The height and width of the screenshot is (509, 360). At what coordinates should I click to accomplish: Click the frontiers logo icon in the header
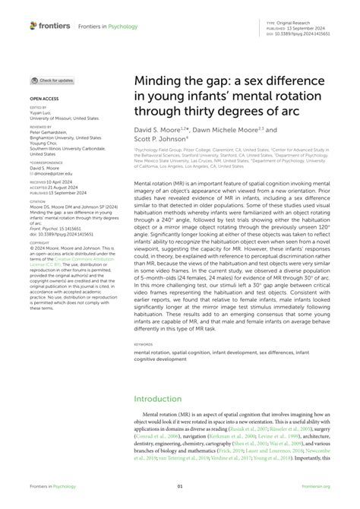click(x=33, y=25)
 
